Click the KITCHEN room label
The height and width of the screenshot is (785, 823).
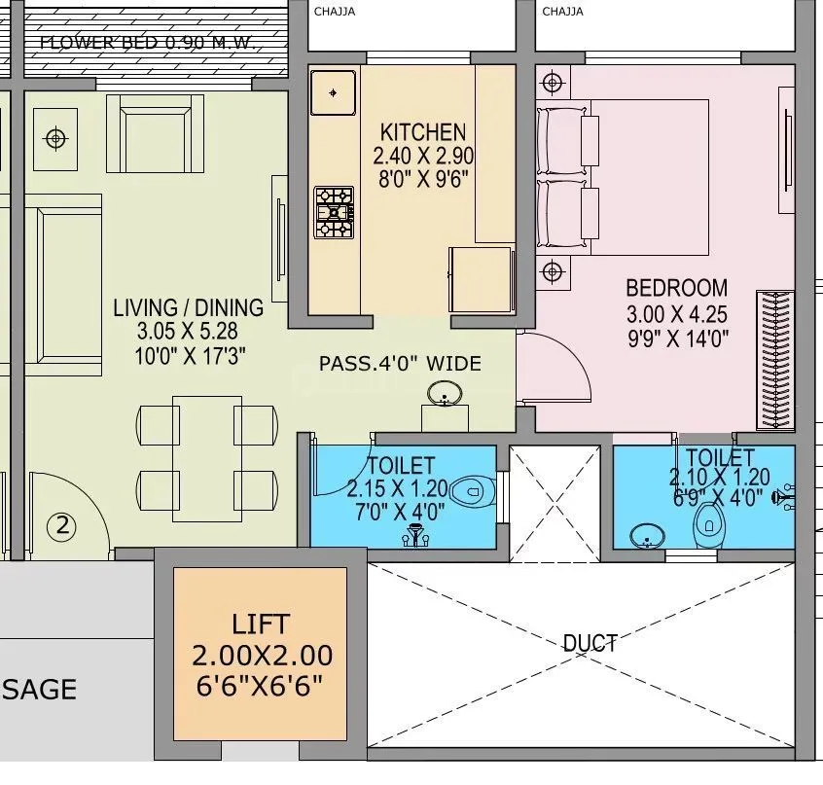click(x=422, y=131)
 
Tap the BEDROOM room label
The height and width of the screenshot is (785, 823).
click(x=676, y=288)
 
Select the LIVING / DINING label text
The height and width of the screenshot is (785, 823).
click(x=188, y=307)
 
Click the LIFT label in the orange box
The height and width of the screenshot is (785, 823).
click(x=261, y=624)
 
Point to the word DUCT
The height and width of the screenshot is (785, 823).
click(x=590, y=643)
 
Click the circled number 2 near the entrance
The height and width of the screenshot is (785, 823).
click(x=61, y=527)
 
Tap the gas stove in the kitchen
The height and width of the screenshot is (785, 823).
click(x=334, y=212)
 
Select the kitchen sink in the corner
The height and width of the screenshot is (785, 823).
click(x=334, y=93)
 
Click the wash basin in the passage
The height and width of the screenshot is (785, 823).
click(x=445, y=395)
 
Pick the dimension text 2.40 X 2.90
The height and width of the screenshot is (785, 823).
click(x=422, y=156)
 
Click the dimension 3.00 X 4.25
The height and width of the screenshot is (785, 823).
click(x=676, y=313)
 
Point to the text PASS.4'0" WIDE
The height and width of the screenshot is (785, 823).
click(x=400, y=364)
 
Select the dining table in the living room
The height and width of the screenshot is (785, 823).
click(x=207, y=456)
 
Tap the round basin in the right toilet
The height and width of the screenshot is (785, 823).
click(x=646, y=535)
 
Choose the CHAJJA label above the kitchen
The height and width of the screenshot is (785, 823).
click(x=334, y=12)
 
